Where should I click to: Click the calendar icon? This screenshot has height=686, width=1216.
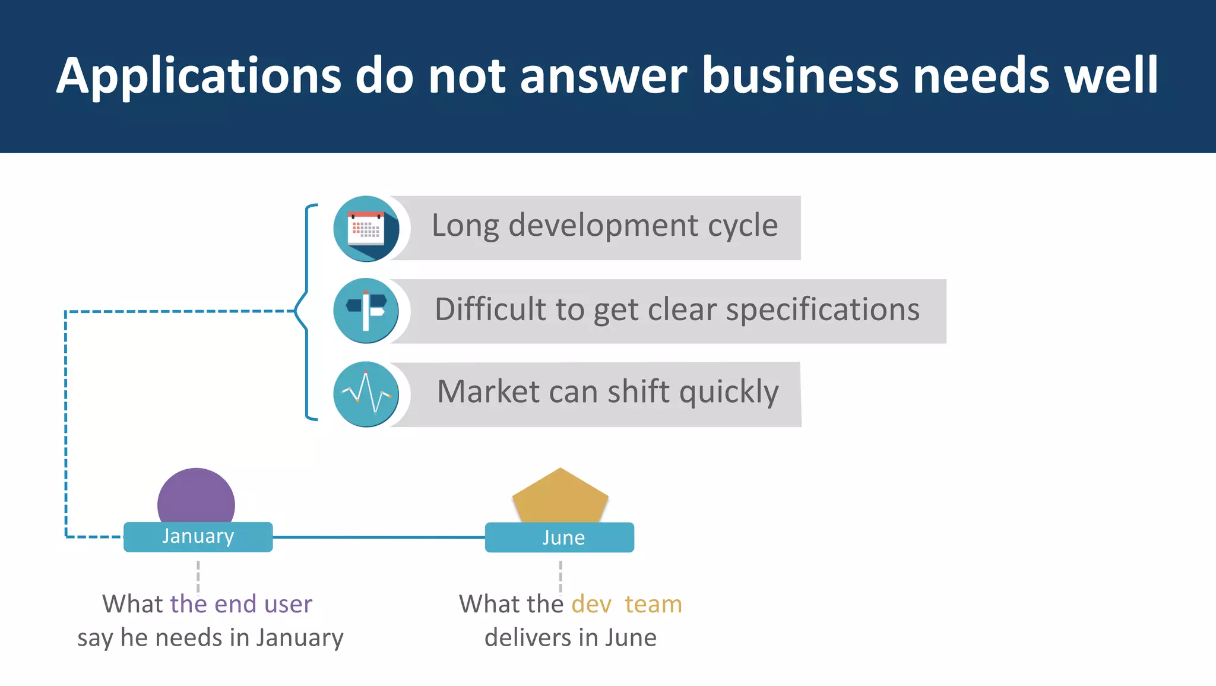366,229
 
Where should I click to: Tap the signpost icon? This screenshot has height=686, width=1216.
366,311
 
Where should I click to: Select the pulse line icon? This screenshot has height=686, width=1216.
366,394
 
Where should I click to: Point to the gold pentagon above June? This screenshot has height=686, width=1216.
560,497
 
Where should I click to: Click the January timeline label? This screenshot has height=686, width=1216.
198,537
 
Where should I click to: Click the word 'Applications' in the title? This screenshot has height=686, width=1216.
199,76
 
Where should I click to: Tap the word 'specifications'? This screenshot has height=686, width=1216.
823,310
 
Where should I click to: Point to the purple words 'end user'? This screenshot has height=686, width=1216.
262,604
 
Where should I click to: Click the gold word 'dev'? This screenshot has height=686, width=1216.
591,605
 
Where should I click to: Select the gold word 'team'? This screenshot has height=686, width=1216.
653,605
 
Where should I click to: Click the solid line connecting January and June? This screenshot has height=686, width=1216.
379,538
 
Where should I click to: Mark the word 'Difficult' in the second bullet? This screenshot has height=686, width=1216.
490,309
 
